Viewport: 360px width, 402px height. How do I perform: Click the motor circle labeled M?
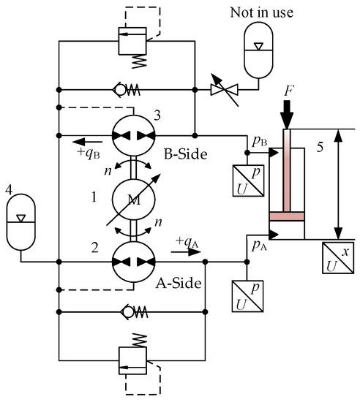point(133,199)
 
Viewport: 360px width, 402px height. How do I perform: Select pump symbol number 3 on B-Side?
point(133,136)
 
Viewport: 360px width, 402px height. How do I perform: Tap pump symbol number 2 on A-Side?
point(133,262)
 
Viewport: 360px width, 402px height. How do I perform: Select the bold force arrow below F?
point(286,114)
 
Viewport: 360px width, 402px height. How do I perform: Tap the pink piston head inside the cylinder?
point(286,216)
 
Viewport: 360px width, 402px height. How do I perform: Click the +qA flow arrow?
point(188,253)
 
